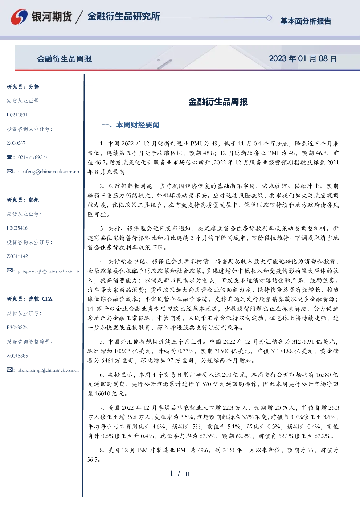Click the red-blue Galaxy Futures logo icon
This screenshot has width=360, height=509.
click(19, 16)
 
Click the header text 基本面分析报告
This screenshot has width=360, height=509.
click(306, 21)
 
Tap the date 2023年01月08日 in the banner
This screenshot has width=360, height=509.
click(303, 59)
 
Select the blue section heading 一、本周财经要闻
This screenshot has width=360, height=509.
click(130, 125)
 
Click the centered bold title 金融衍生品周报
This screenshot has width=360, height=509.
click(218, 102)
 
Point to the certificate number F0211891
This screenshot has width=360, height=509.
click(17, 115)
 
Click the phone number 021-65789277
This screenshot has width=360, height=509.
click(33, 157)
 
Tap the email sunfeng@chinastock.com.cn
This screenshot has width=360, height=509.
click(49, 172)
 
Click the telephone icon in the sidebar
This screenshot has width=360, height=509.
click(9, 157)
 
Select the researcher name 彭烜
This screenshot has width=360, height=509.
click(34, 200)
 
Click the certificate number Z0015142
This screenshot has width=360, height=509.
click(17, 256)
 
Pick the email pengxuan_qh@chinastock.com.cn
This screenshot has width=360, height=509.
click(48, 271)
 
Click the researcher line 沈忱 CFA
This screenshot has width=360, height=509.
click(40, 299)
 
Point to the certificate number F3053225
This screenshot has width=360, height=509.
click(17, 328)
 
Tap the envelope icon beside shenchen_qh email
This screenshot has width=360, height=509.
click(9, 369)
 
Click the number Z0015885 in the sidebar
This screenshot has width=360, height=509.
click(17, 356)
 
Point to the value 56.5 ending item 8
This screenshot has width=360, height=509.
click(92, 460)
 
